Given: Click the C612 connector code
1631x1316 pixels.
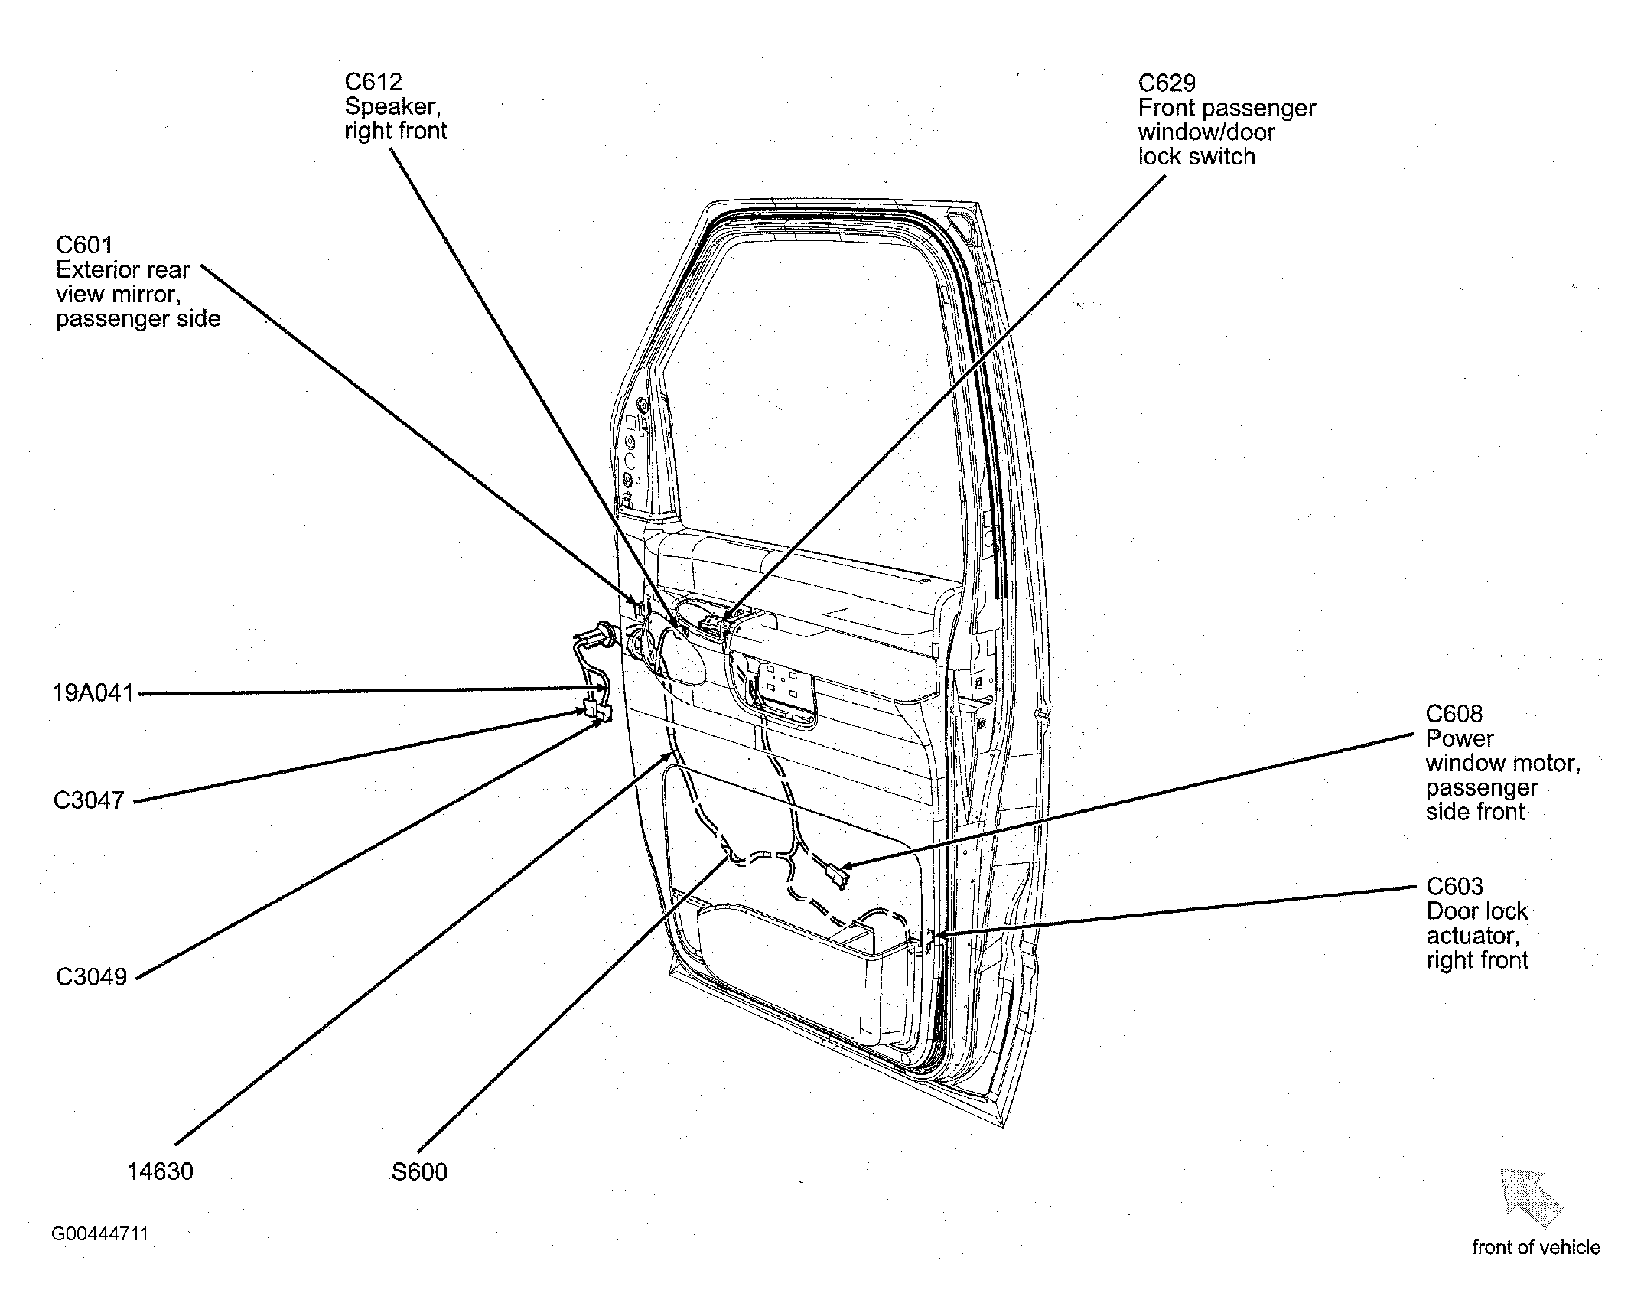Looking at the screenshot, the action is [373, 82].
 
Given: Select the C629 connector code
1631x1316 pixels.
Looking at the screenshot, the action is [1167, 83].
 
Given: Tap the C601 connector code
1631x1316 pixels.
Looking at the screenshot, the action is [84, 245].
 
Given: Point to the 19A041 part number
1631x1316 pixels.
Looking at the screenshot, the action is [93, 693].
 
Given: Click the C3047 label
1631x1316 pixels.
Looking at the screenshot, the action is [89, 800].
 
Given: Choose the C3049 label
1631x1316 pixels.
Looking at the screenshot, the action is [91, 977].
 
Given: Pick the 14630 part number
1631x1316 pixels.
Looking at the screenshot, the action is [160, 1171].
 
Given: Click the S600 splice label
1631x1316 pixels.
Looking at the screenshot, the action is [419, 1171].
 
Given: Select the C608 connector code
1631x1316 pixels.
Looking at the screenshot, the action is [1454, 714].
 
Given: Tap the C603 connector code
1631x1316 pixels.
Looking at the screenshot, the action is [1455, 886].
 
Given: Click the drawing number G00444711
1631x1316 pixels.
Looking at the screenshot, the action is [100, 1234].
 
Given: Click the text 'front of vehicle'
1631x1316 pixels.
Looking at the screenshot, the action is [1536, 1248].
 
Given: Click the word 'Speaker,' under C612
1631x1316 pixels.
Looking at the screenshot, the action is [392, 106].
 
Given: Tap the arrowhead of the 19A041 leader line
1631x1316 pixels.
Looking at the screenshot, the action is [608, 689].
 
